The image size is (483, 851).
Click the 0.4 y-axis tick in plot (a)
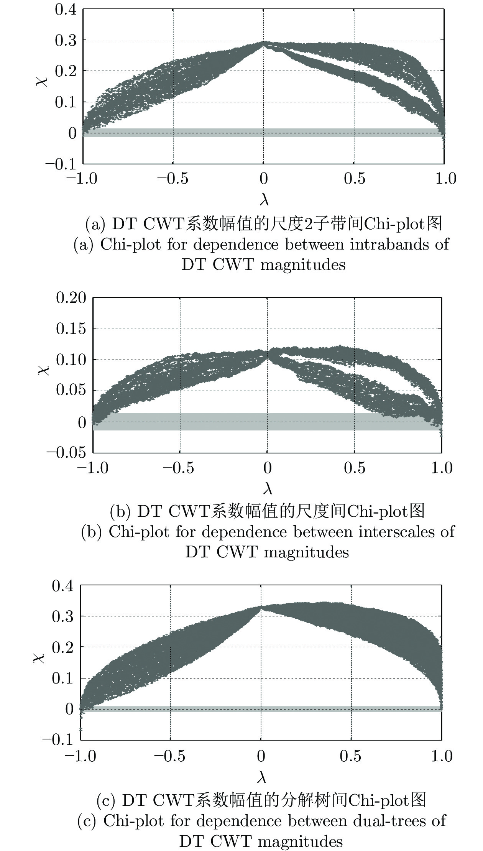[x=66, y=10]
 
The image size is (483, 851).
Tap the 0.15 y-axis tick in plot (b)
[x=71, y=329]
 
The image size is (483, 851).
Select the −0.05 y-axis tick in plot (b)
[x=66, y=452]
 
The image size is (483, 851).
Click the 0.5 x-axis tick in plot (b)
[x=354, y=468]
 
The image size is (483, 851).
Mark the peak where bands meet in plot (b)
[x=267, y=354]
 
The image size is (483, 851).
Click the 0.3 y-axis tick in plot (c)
[x=63, y=616]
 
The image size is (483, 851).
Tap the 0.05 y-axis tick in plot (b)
[x=71, y=390]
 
